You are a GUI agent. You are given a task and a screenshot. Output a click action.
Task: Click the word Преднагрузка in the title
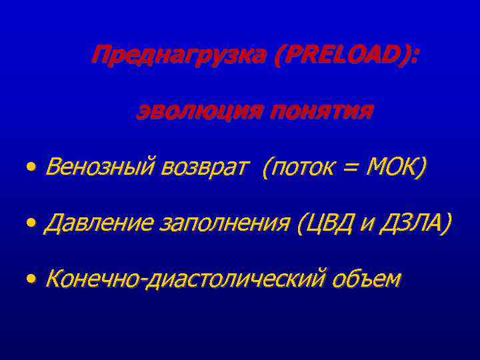178,55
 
